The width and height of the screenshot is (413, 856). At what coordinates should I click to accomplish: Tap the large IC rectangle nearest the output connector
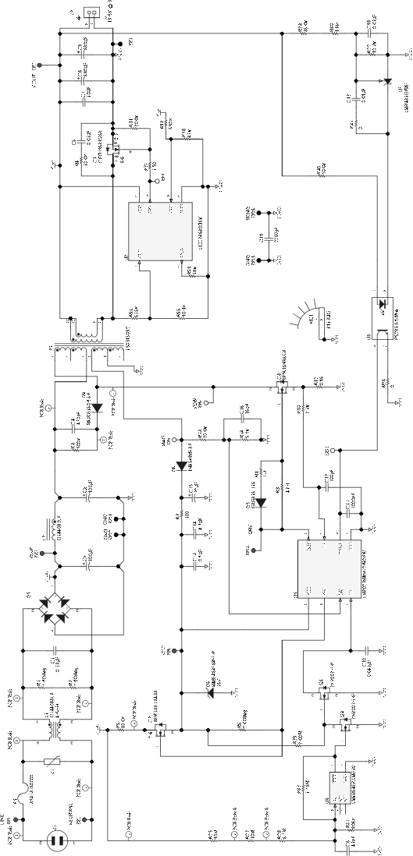(x=159, y=232)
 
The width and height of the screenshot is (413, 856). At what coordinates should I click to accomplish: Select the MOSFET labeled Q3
(x=279, y=384)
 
